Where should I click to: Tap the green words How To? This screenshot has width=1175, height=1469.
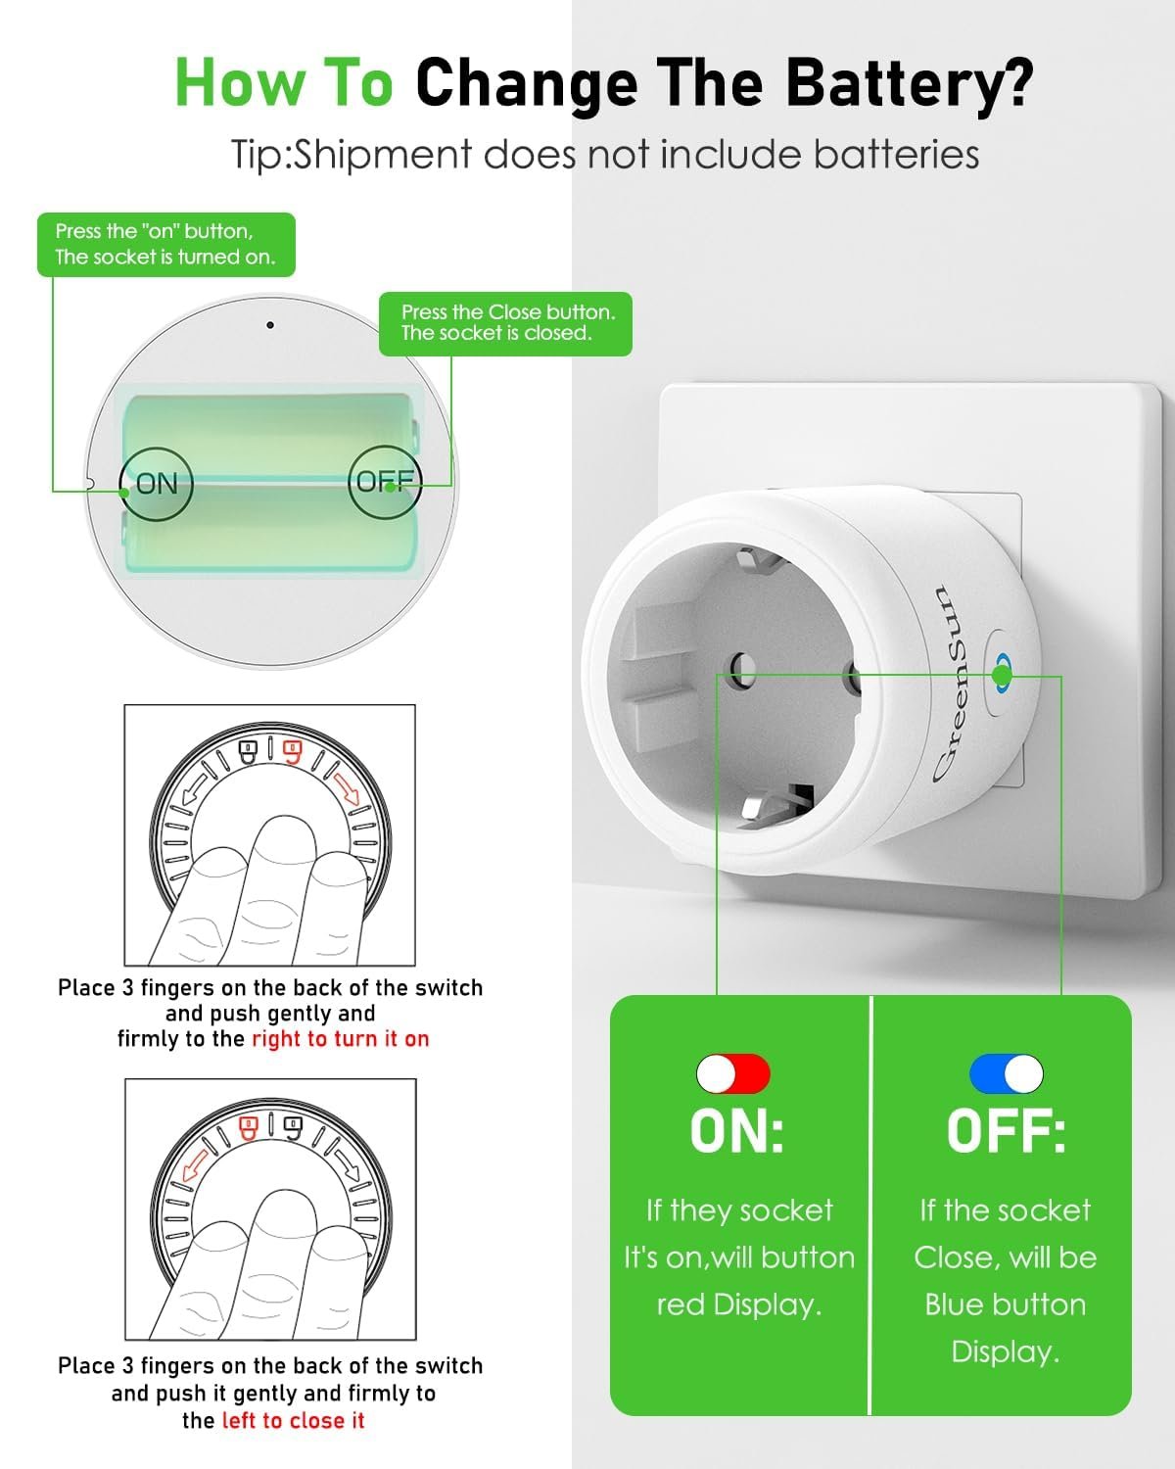tap(284, 82)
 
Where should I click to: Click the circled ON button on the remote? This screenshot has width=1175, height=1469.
tap(157, 484)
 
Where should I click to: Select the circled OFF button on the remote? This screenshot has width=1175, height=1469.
tap(385, 482)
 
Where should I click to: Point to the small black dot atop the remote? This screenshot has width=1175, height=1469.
tap(270, 325)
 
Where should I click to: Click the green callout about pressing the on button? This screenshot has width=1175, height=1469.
tap(165, 245)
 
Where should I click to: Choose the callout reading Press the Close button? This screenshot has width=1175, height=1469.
tap(505, 323)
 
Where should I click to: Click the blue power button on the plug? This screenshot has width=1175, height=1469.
tap(1003, 673)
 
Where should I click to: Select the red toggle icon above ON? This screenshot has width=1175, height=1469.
tap(733, 1073)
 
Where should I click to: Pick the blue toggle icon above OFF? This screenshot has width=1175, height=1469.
tap(1007, 1073)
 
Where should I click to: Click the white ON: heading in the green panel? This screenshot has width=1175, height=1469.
tap(737, 1131)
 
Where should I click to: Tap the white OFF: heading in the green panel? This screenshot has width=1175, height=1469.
tap(1007, 1131)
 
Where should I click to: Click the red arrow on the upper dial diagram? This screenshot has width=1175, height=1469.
tap(349, 789)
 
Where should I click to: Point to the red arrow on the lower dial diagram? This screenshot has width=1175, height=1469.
tap(196, 1164)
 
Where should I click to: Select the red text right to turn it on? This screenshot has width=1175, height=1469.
tap(341, 1039)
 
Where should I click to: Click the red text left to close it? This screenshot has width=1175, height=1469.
tap(294, 1421)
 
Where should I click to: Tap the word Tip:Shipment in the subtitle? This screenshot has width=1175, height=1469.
tap(352, 155)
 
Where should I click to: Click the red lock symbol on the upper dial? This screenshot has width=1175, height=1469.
tap(293, 753)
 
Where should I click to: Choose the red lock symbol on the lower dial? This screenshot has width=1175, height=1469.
tap(250, 1127)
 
